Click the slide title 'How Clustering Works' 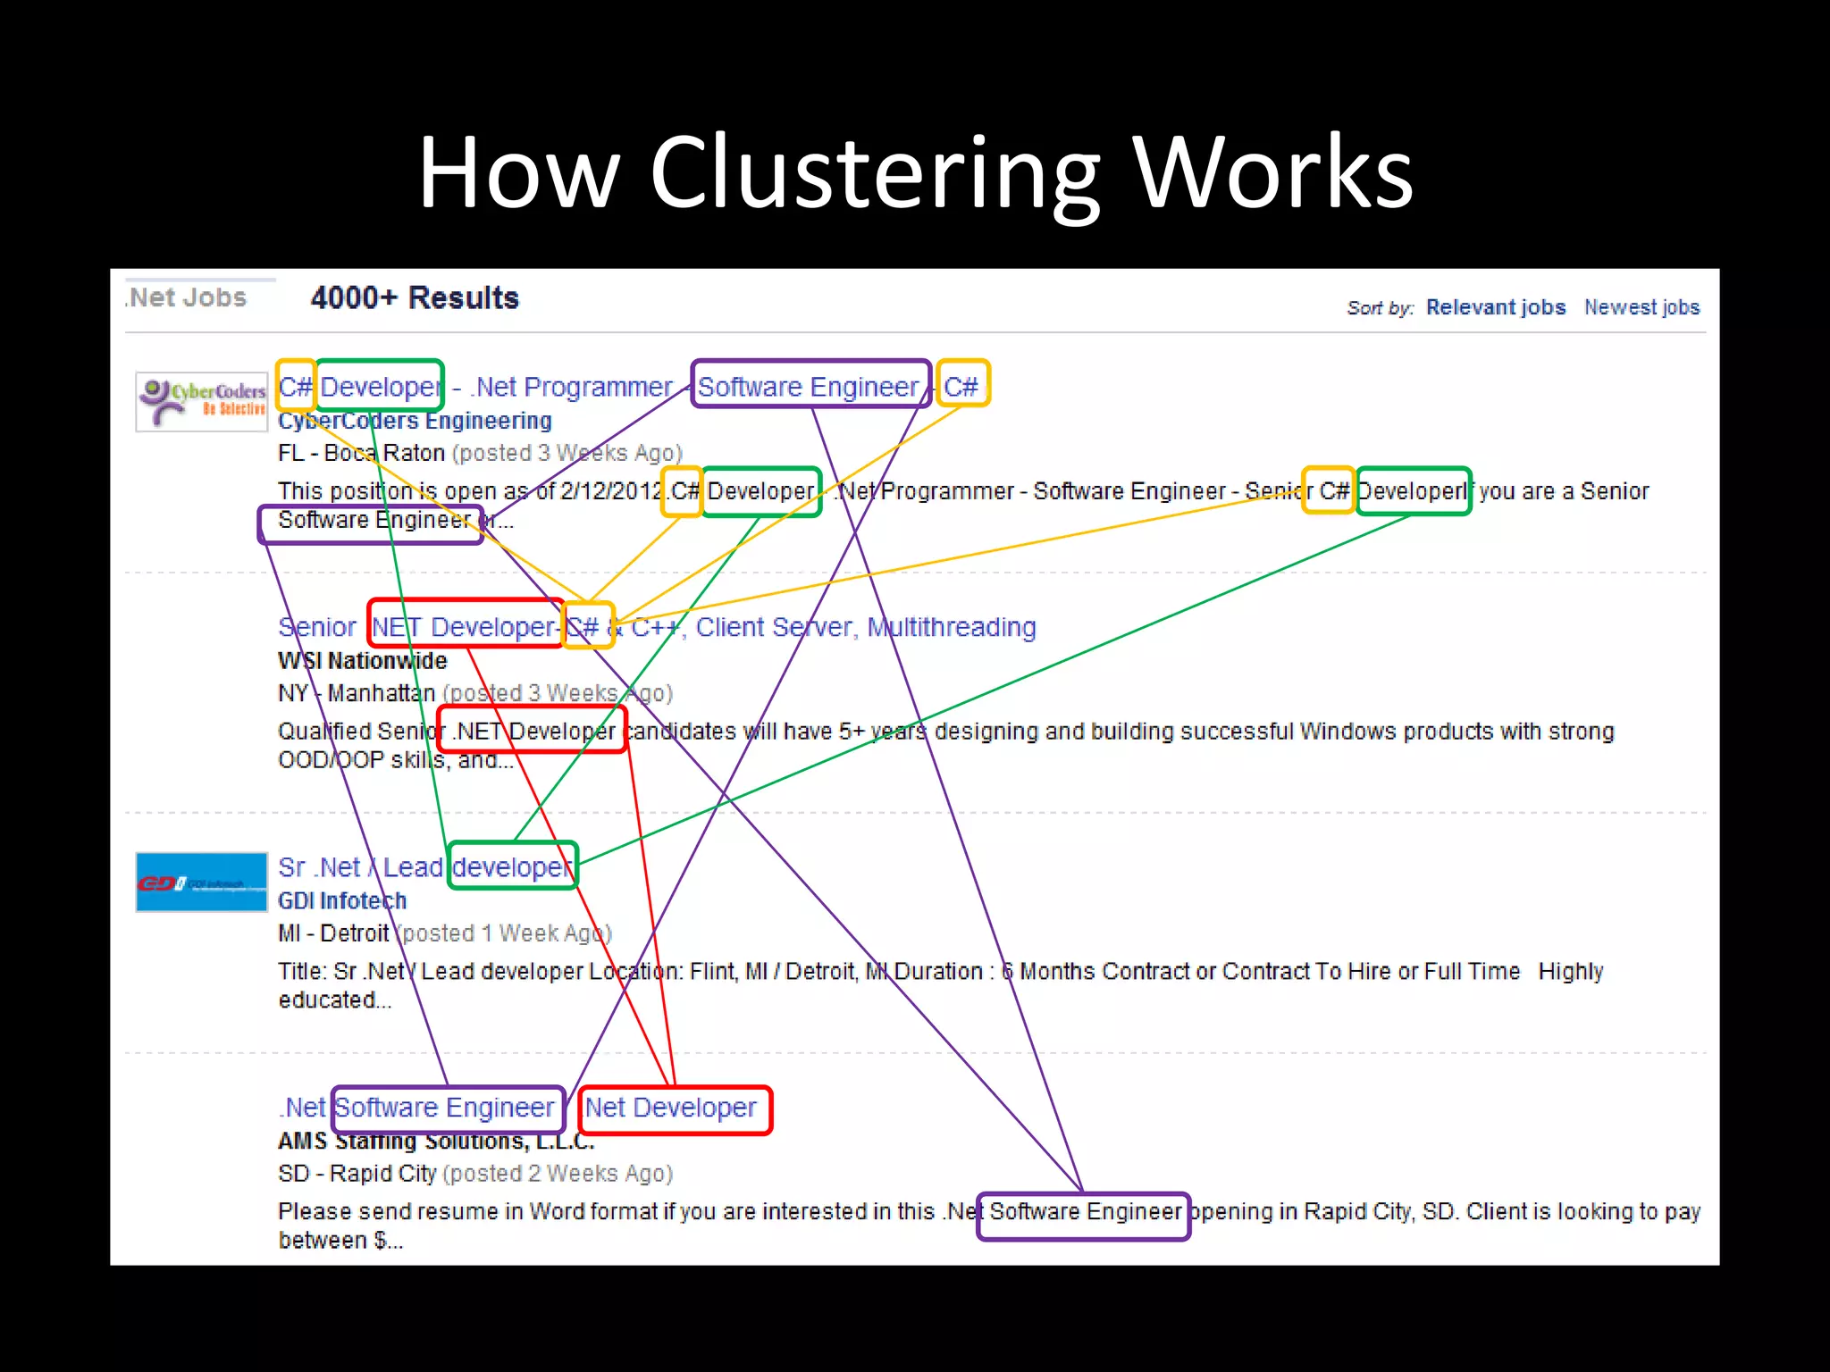click(915, 171)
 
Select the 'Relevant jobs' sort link click(1495, 307)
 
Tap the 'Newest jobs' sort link click(1641, 307)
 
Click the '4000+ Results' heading click(415, 297)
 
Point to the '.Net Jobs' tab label click(188, 297)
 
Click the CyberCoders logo click(202, 401)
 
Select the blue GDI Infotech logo click(202, 883)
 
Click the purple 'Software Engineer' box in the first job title click(810, 385)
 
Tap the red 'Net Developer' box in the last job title click(674, 1109)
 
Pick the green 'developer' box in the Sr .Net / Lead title click(512, 866)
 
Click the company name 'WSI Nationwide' click(362, 661)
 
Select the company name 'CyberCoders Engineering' click(415, 421)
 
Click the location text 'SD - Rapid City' click(357, 1174)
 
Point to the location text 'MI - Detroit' click(333, 933)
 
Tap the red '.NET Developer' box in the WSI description click(533, 730)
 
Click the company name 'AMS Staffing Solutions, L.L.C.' click(436, 1142)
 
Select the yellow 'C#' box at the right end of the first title click(961, 385)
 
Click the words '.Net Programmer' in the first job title click(571, 387)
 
